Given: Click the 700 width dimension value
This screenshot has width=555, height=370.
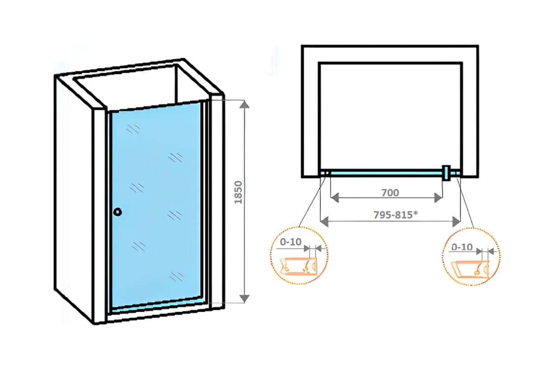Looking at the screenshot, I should [390, 192].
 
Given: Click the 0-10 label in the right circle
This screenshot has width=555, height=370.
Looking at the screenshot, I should [462, 247].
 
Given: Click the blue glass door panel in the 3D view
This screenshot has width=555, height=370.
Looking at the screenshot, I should [155, 203].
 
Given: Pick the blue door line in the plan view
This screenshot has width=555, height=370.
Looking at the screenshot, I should [384, 173].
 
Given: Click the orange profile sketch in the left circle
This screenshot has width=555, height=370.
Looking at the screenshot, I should [298, 266].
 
